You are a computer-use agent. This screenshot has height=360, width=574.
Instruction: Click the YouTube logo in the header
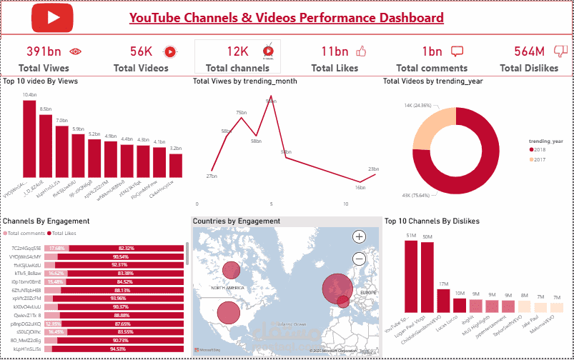click(52, 19)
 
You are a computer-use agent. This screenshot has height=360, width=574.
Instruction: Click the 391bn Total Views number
click(44, 51)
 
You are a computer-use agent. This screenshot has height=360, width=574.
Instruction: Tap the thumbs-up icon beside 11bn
click(360, 51)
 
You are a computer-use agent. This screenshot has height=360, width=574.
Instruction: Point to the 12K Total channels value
click(237, 51)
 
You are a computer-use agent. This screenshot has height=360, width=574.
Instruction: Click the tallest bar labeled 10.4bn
click(29, 138)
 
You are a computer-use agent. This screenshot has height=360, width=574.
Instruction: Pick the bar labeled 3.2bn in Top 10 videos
click(176, 165)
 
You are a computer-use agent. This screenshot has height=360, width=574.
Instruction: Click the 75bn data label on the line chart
click(241, 113)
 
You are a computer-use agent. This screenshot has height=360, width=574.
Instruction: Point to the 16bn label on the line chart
click(360, 187)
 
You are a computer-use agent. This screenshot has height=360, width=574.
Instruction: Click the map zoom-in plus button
click(359, 236)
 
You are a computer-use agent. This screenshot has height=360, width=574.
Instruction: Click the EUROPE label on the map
click(368, 293)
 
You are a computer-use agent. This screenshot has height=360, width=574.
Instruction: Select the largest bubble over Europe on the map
click(337, 289)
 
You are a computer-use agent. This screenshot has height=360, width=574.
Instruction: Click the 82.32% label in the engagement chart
click(127, 248)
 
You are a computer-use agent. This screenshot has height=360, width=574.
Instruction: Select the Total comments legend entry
click(24, 234)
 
